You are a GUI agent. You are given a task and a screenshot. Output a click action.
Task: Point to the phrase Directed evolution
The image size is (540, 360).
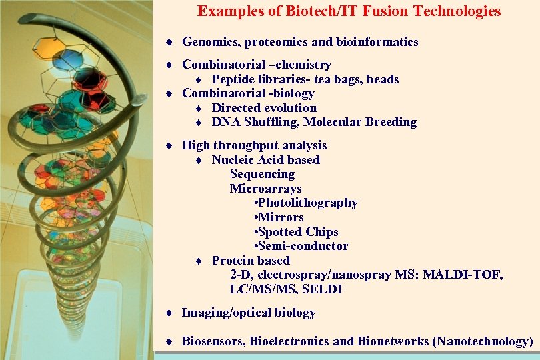pyautogui.click(x=264, y=108)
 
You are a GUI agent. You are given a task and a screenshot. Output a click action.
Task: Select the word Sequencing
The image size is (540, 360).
pyautogui.click(x=262, y=174)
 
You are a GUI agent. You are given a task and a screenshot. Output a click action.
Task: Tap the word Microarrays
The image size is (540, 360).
pyautogui.click(x=265, y=189)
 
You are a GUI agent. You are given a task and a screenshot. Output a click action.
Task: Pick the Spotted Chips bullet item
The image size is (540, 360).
pyautogui.click(x=297, y=232)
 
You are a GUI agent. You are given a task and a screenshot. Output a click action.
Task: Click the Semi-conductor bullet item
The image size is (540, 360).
pyautogui.click(x=301, y=246)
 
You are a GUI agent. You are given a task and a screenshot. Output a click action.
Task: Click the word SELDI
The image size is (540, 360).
pyautogui.click(x=322, y=289)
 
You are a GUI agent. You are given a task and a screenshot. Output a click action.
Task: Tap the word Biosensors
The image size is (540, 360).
pyautogui.click(x=213, y=341)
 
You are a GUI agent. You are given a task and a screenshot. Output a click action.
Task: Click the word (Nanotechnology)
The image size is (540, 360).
pyautogui.click(x=483, y=341)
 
